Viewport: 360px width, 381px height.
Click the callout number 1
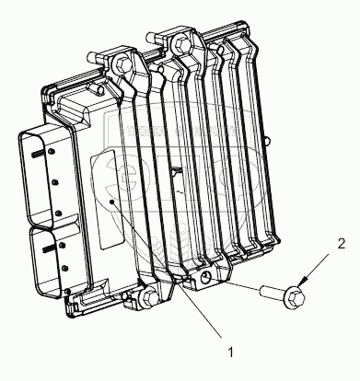pos(230,352)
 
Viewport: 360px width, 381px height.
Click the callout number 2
pos(342,244)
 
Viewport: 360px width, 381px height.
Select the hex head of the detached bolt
pos(295,297)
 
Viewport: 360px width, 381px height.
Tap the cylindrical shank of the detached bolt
pos(273,291)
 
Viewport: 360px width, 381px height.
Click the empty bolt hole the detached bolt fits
pos(205,278)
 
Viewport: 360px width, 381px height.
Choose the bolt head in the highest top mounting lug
pos(180,43)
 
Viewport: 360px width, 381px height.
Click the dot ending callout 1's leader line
pos(112,202)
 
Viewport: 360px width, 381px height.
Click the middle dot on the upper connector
pos(55,183)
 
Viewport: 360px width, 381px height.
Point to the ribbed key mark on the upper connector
pos(39,155)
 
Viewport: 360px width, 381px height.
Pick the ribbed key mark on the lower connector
pos(51,249)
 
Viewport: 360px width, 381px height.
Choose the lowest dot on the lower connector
pos(69,290)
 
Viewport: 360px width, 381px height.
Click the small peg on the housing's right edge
pos(268,141)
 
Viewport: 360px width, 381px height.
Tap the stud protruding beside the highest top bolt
pos(153,36)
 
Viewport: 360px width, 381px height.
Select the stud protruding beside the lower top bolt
pos(93,57)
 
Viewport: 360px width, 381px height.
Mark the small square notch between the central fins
pos(176,169)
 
